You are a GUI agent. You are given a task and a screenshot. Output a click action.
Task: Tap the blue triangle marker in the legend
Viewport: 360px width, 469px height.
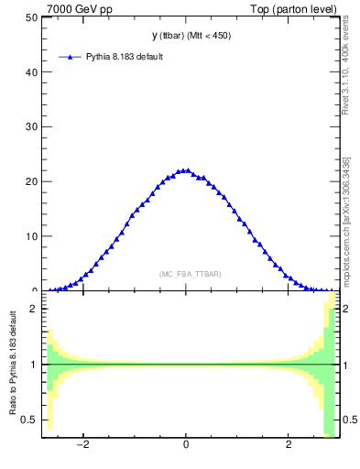[70, 57]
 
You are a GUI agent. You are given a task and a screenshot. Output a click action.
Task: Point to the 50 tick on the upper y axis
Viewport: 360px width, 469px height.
[30, 17]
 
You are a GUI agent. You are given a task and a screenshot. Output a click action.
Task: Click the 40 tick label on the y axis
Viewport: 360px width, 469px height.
[30, 72]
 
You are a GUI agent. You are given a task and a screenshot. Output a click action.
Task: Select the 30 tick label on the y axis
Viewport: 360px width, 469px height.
[30, 127]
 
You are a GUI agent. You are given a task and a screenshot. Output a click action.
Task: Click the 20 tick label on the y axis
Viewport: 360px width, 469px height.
[30, 181]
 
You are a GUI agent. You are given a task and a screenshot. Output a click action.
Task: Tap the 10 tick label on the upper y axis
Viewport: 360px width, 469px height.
[30, 236]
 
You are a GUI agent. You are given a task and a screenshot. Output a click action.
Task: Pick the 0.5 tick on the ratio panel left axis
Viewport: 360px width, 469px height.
[28, 420]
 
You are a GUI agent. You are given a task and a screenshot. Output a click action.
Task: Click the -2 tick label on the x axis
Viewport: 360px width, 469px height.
[82, 446]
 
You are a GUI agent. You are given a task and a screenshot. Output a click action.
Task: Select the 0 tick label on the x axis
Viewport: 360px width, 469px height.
[186, 446]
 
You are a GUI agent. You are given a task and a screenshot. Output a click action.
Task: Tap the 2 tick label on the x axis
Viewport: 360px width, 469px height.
[289, 446]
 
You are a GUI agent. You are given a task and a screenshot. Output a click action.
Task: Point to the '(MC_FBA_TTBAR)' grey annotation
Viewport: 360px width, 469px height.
[190, 274]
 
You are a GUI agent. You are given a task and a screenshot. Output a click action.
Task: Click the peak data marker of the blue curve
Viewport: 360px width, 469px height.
[186, 170]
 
